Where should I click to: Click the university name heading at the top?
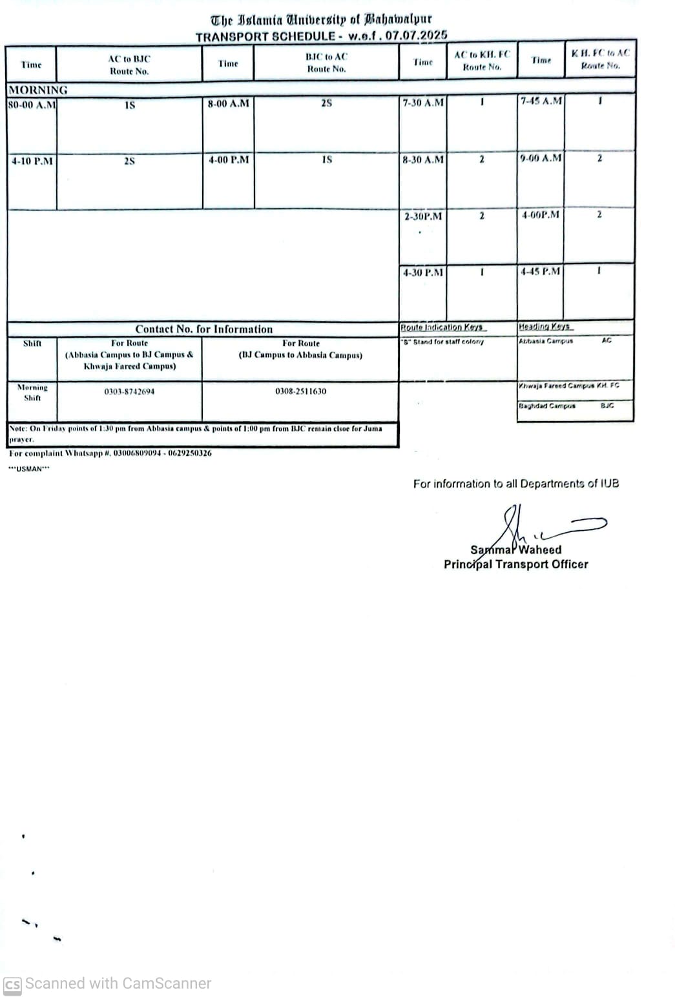tap(321, 20)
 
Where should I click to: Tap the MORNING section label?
tap(38, 90)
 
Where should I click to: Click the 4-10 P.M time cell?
tap(32, 161)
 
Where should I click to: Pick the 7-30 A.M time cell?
tap(423, 103)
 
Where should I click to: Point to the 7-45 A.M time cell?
tap(541, 101)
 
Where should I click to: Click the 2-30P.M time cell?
tap(423, 216)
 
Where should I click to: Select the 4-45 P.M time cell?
tap(541, 271)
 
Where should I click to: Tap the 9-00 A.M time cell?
tap(541, 158)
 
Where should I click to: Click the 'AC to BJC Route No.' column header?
tap(129, 65)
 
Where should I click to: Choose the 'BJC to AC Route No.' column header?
tap(326, 63)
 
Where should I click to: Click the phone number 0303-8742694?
tap(129, 391)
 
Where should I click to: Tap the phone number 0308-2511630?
tap(300, 391)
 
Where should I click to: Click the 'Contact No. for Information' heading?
tap(204, 329)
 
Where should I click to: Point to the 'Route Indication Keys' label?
tap(442, 327)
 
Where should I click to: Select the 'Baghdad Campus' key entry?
tap(547, 406)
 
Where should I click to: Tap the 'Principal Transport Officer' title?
tap(515, 564)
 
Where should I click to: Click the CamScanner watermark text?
tap(118, 984)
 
